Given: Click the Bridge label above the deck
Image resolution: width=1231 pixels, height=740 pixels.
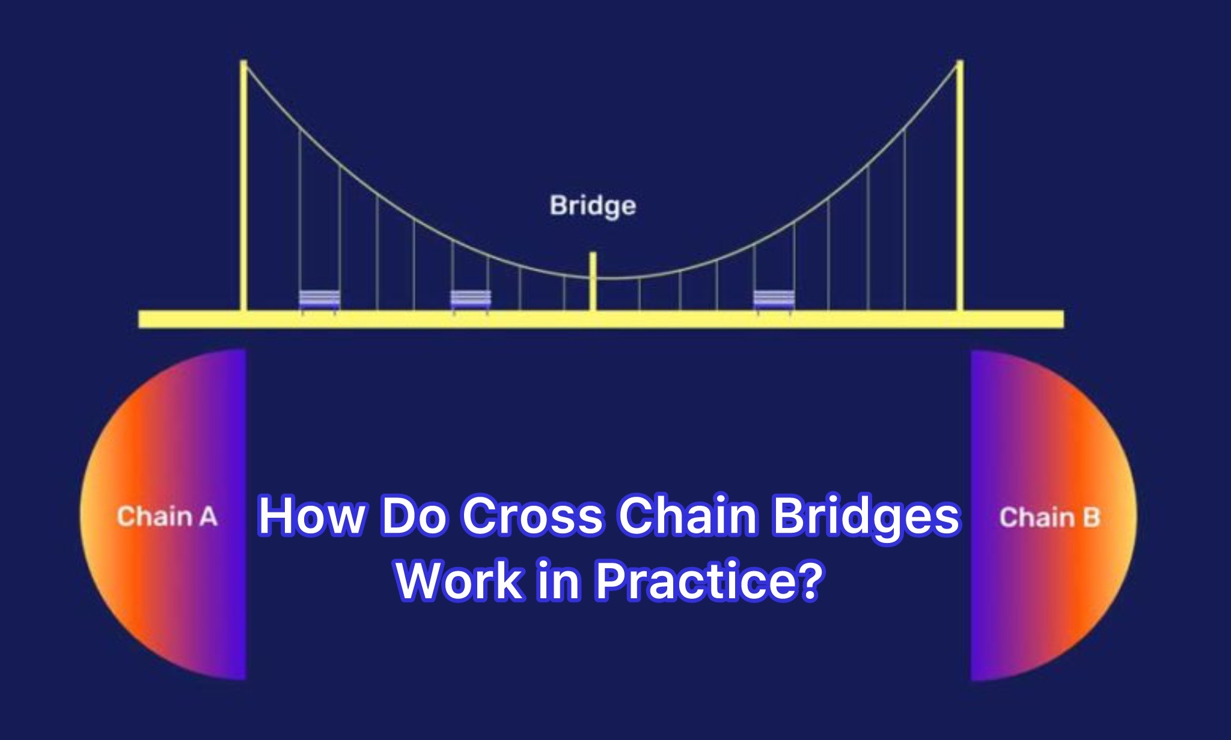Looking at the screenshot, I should pyautogui.click(x=593, y=205).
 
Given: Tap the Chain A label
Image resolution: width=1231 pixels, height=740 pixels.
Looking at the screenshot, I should pyautogui.click(x=167, y=517).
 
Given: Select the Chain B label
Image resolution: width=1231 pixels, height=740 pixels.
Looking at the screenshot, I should pyautogui.click(x=1049, y=518).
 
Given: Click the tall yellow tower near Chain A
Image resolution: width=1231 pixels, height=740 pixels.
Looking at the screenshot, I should pyautogui.click(x=243, y=186).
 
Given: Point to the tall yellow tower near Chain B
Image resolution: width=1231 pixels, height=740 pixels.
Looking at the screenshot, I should pyautogui.click(x=960, y=186).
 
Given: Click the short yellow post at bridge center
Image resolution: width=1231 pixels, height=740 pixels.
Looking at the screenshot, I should pyautogui.click(x=593, y=281).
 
